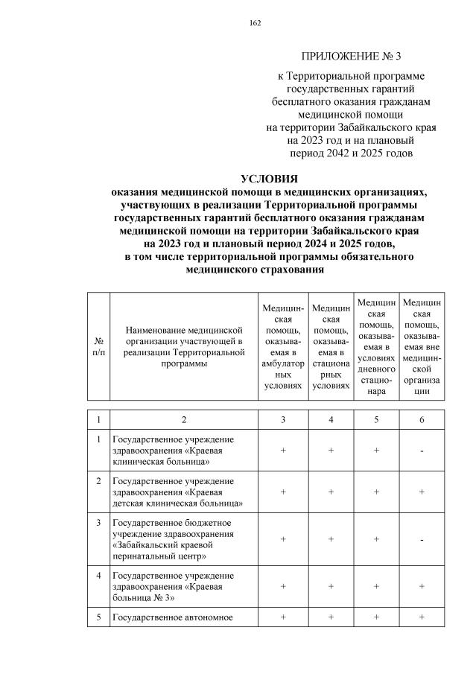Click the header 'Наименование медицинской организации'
click(185, 346)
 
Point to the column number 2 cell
click(183, 419)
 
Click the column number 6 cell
click(421, 419)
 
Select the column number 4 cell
click(330, 419)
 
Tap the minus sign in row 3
click(421, 538)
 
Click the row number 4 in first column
click(98, 575)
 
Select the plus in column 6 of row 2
click(421, 492)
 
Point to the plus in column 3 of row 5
click(283, 617)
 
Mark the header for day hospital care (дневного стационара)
click(376, 346)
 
